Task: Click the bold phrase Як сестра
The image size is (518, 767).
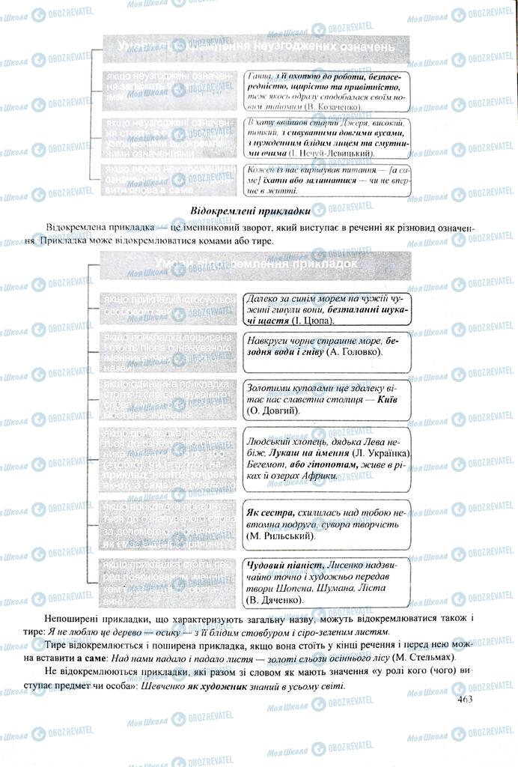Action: tap(269, 512)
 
